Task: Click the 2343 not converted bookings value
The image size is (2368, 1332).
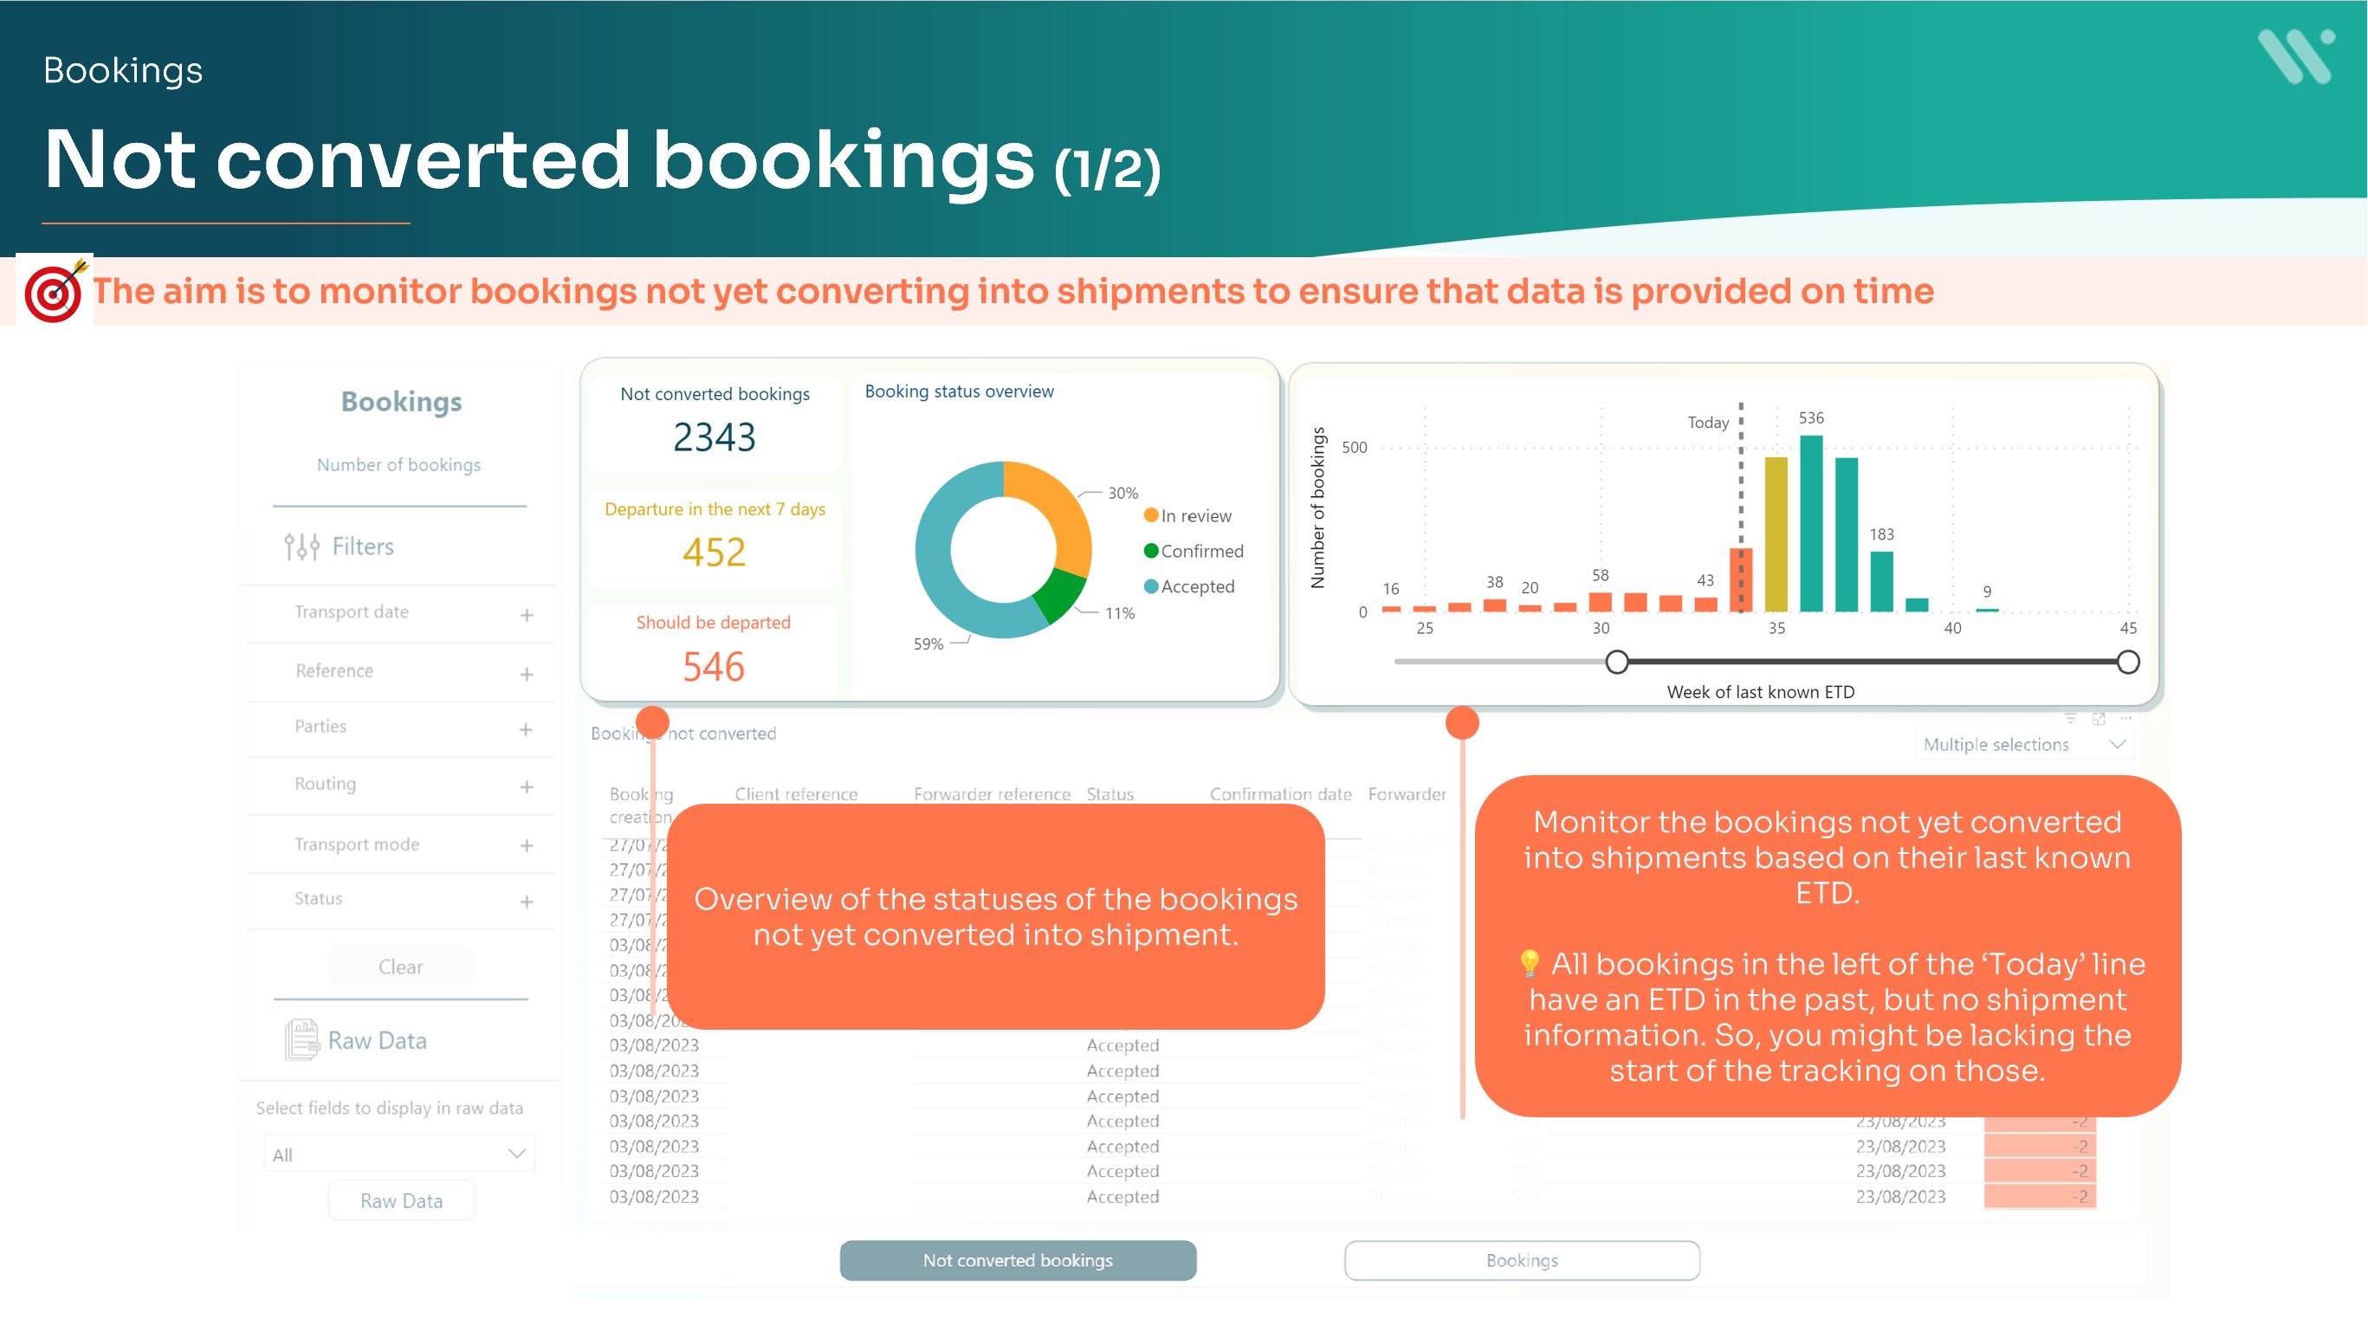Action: coord(715,436)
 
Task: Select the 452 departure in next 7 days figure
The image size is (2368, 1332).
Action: coord(715,553)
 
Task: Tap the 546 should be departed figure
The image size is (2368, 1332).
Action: coord(714,667)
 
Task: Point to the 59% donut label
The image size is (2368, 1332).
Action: coord(928,643)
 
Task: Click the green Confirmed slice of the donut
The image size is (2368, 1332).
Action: coord(1060,593)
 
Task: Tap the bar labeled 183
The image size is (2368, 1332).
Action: coord(1882,581)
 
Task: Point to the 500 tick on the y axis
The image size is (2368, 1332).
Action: coord(1354,448)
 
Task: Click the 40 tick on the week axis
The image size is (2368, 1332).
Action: coord(1952,628)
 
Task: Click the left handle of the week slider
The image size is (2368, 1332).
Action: coord(1617,662)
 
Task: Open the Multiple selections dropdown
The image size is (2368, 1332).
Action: coord(2023,745)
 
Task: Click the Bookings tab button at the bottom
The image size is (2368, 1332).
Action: coord(1522,1260)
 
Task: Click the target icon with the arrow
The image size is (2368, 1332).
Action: coord(55,290)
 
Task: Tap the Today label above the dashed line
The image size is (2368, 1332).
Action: coord(1708,422)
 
